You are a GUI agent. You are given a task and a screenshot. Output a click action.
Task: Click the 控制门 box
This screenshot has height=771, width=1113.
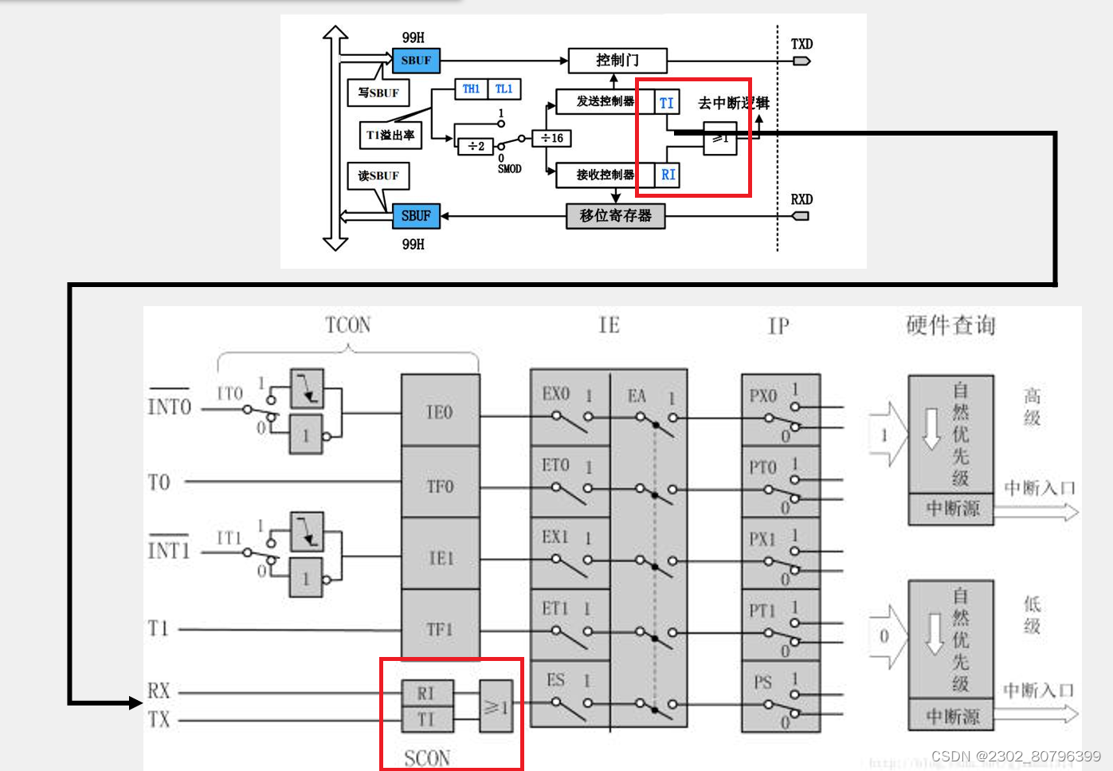pyautogui.click(x=617, y=61)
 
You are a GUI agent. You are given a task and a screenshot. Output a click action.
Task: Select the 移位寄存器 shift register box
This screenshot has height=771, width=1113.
pyautogui.click(x=615, y=216)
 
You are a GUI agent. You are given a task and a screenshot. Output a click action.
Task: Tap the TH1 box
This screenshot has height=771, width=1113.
pyautogui.click(x=471, y=89)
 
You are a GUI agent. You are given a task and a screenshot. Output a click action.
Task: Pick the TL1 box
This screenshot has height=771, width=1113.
pyautogui.click(x=504, y=89)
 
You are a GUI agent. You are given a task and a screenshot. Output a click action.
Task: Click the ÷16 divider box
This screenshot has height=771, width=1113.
pyautogui.click(x=551, y=139)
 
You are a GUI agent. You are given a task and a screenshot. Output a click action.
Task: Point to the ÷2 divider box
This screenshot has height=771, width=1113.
pyautogui.click(x=476, y=146)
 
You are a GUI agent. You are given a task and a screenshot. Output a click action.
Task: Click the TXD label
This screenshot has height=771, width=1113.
pyautogui.click(x=801, y=44)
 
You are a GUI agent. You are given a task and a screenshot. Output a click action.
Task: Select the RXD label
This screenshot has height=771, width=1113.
pyautogui.click(x=801, y=199)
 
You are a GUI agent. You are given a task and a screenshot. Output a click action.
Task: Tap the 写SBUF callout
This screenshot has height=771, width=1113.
pyautogui.click(x=378, y=92)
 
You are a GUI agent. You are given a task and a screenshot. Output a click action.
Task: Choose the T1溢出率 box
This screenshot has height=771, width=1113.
pyautogui.click(x=390, y=135)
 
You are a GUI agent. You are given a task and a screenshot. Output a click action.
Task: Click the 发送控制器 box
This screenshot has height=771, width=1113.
pyautogui.click(x=605, y=101)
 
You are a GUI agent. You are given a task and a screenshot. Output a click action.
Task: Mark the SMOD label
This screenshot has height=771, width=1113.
pyautogui.click(x=510, y=169)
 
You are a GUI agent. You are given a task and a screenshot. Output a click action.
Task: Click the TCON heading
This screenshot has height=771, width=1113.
pyautogui.click(x=348, y=325)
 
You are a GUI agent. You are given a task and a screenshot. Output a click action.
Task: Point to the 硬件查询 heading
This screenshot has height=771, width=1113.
pyautogui.click(x=950, y=325)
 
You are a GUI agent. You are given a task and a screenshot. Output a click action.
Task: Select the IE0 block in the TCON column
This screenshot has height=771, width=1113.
pyautogui.click(x=440, y=412)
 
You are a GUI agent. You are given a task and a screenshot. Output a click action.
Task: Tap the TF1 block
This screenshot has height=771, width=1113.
pyautogui.click(x=440, y=630)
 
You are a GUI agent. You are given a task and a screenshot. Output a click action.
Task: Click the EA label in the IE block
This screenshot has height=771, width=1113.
pyautogui.click(x=637, y=396)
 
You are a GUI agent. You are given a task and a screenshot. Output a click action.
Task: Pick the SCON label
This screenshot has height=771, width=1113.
pyautogui.click(x=427, y=758)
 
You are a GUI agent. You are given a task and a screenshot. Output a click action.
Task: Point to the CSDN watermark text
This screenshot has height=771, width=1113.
pyautogui.click(x=1016, y=756)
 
